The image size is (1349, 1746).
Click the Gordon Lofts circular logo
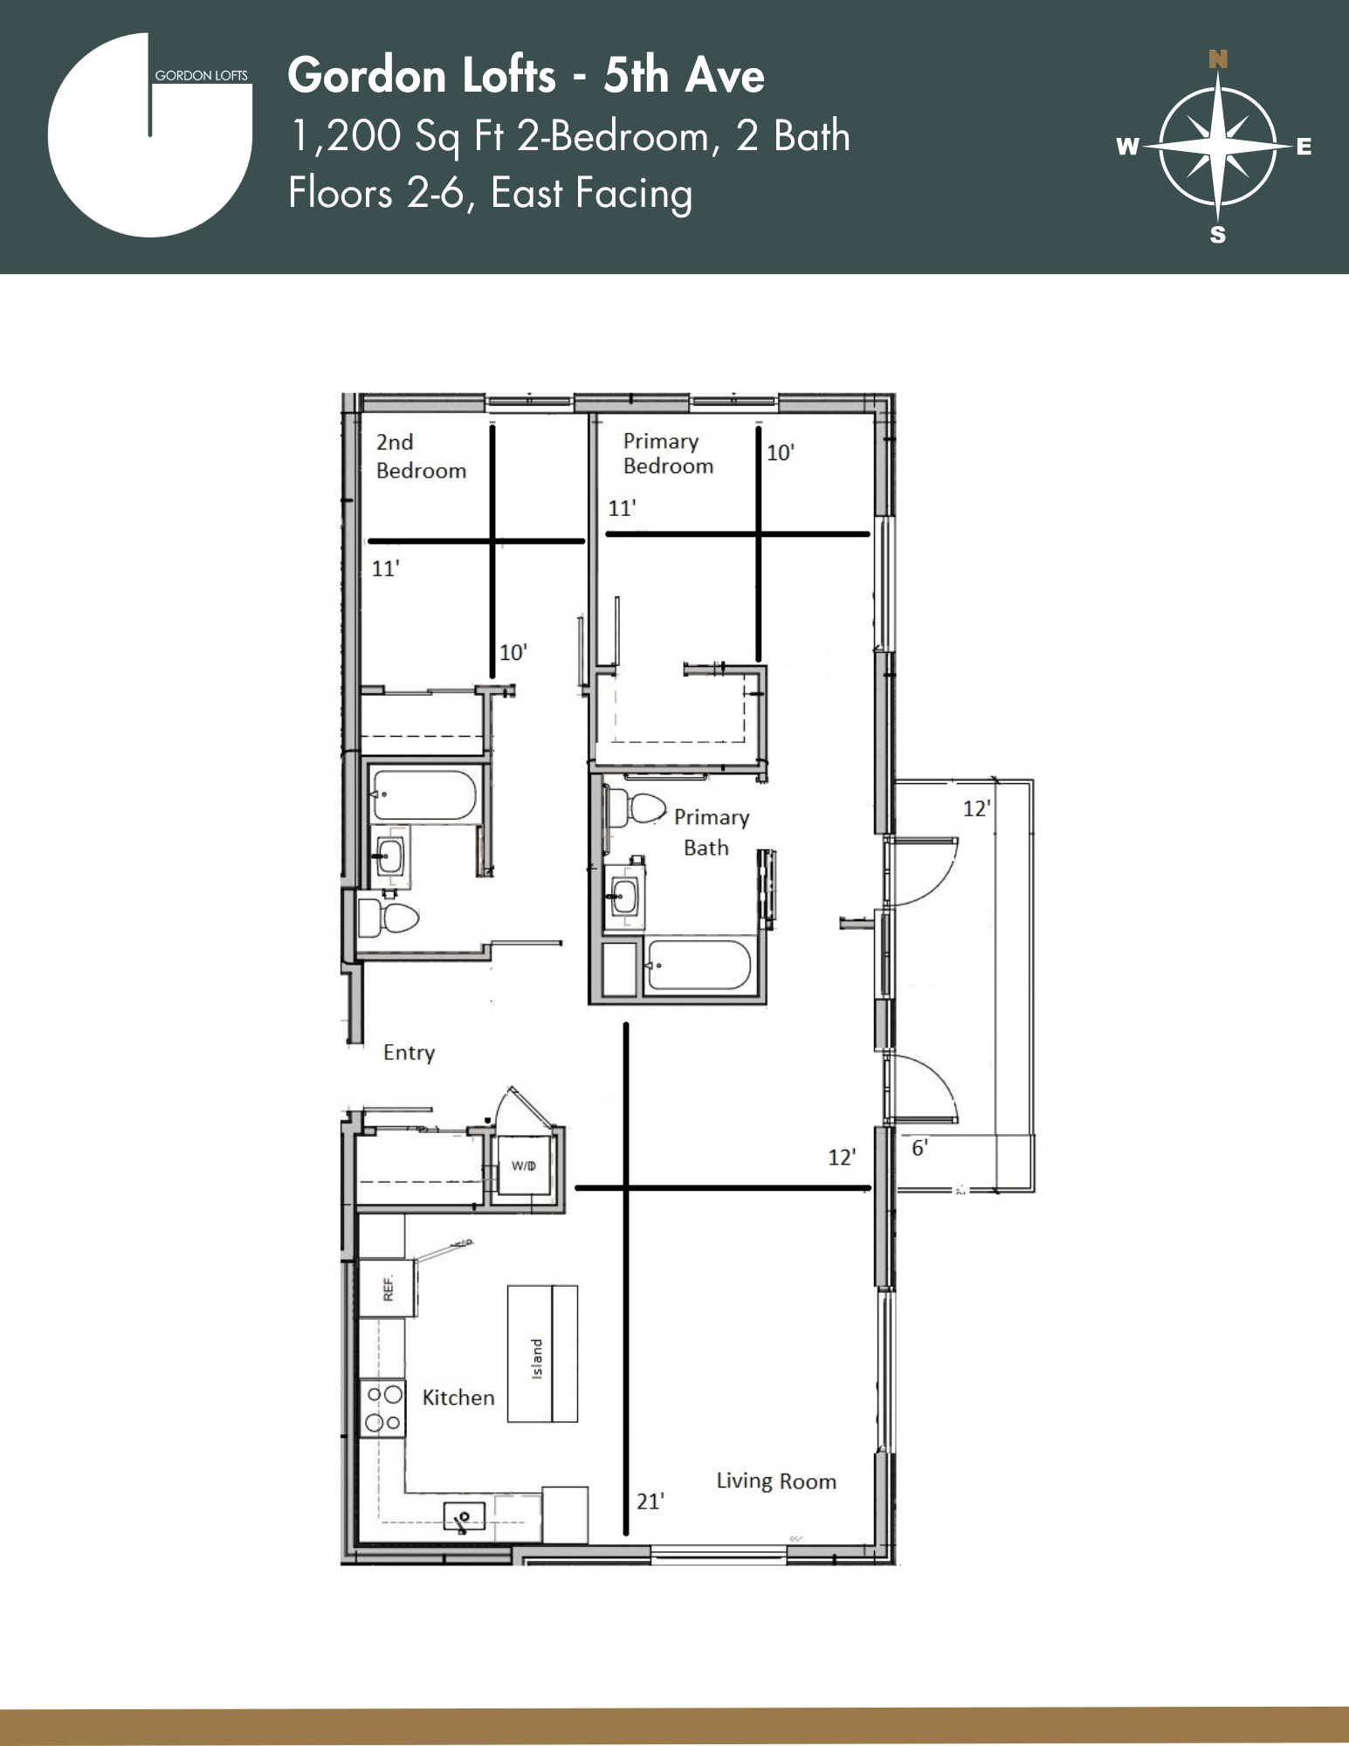click(149, 136)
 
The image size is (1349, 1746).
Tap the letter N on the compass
click(1218, 59)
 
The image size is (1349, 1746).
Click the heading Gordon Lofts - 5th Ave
click(526, 75)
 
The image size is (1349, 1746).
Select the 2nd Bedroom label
click(420, 457)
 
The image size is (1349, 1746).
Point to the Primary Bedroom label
click(667, 454)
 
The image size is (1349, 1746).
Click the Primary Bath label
click(711, 832)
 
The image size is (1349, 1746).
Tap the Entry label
click(409, 1053)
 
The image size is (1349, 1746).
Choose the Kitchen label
click(458, 1398)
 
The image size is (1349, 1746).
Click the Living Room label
click(776, 1481)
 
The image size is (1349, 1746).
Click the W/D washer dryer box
click(523, 1166)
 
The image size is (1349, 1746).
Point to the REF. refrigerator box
click(388, 1288)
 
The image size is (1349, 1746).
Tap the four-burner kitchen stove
click(382, 1408)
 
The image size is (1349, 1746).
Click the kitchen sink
click(464, 1517)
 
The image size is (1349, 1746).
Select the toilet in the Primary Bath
click(637, 808)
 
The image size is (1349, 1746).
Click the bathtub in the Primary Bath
click(699, 965)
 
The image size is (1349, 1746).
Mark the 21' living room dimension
click(650, 1502)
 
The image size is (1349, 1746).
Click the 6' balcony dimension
click(919, 1148)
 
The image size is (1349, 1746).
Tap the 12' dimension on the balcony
click(976, 808)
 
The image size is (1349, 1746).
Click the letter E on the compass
click(1304, 147)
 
